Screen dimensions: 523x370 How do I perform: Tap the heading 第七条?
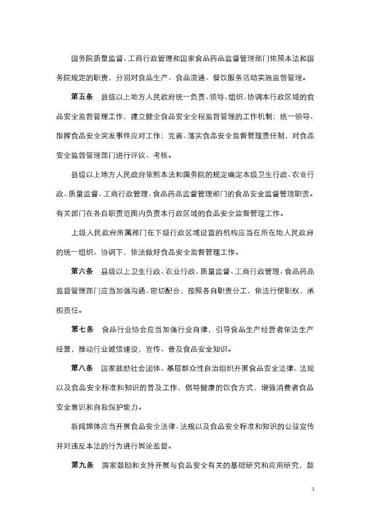coord(82,329)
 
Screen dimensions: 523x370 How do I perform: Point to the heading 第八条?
coord(82,368)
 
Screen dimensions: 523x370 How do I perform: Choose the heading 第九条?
coord(82,465)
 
